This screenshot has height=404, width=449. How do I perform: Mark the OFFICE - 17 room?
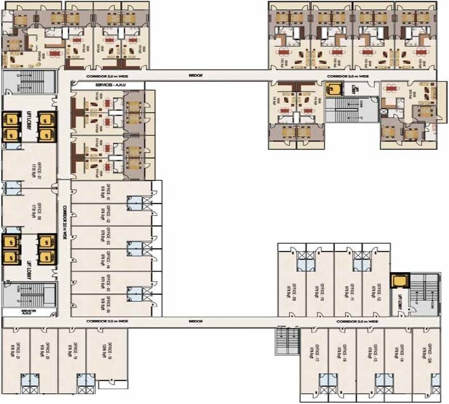[x=314, y=349]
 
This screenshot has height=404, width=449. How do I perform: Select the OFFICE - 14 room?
[x=399, y=349]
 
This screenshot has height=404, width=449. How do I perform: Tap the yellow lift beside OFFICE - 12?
[x=397, y=281]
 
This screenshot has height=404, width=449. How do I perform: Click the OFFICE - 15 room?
[x=371, y=349]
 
